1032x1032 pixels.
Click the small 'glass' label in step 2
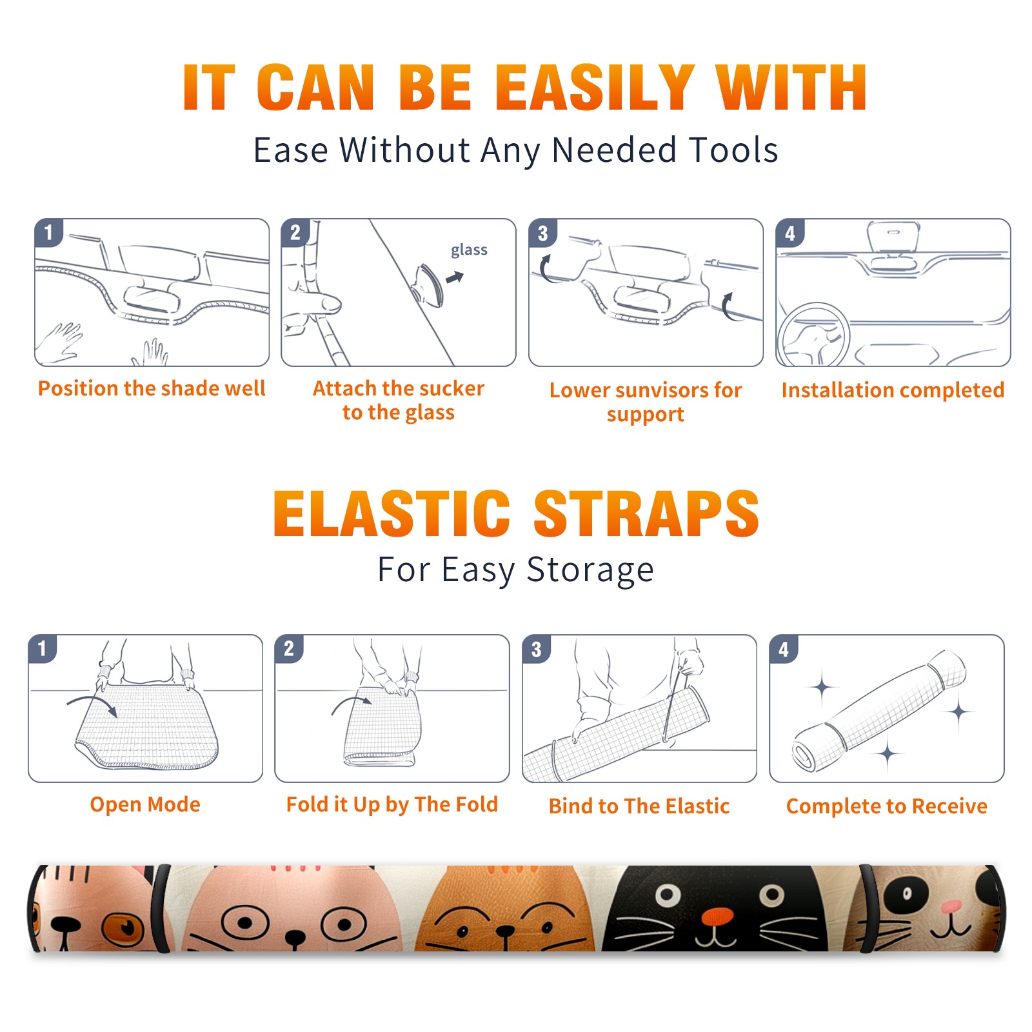pyautogui.click(x=469, y=250)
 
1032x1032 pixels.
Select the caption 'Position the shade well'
pyautogui.click(x=152, y=388)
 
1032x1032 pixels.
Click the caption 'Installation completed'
pyautogui.click(x=893, y=390)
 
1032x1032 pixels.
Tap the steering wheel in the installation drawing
pyautogui.click(x=814, y=335)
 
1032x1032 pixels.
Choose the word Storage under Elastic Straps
pyautogui.click(x=590, y=570)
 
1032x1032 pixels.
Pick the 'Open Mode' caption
pyautogui.click(x=145, y=804)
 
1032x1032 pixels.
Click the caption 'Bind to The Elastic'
pyautogui.click(x=639, y=806)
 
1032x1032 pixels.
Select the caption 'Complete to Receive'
pyautogui.click(x=887, y=806)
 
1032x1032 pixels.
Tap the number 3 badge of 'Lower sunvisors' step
pyautogui.click(x=542, y=233)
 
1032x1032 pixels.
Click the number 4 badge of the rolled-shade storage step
pyautogui.click(x=784, y=649)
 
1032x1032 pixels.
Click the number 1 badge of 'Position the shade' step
pyautogui.click(x=48, y=232)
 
